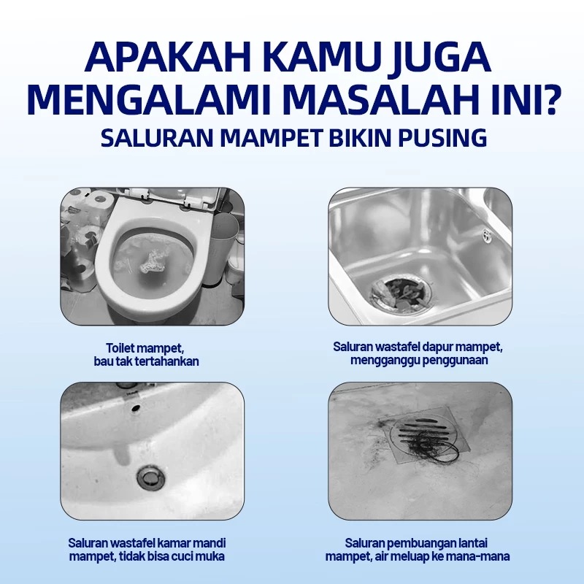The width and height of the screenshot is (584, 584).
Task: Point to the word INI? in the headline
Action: (x=520, y=99)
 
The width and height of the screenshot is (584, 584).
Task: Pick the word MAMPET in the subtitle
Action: (x=271, y=138)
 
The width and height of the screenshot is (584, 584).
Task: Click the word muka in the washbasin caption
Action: (x=211, y=556)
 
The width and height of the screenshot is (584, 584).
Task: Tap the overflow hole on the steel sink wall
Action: (x=487, y=234)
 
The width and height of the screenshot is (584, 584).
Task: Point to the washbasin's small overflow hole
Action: (x=136, y=408)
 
